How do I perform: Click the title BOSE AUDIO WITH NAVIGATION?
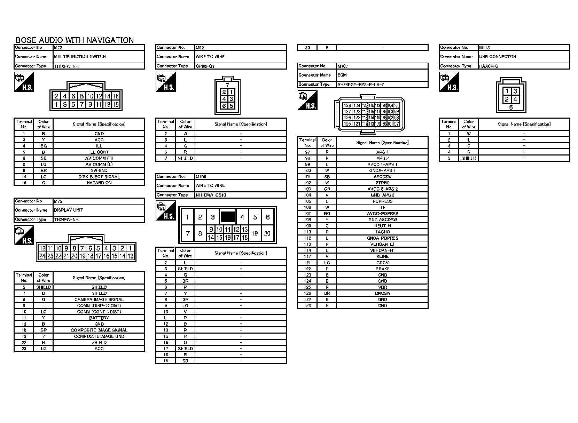coord(75,40)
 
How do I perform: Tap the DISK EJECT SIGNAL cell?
coord(99,177)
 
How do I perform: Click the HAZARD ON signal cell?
coord(99,183)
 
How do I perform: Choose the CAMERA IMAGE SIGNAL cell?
coord(99,300)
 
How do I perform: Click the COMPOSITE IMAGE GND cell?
coord(99,336)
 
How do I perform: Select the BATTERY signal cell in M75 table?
coord(99,318)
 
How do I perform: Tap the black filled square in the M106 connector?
coord(228,217)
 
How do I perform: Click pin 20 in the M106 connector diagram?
coord(267,233)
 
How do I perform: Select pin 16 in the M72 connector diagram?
coord(116,96)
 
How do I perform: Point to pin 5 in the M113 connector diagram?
coord(511,108)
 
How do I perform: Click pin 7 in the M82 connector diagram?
coord(227,85)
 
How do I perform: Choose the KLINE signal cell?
coord(382,256)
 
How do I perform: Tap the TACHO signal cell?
coord(382,232)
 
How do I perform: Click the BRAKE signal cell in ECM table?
coord(382,269)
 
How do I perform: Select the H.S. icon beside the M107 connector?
coord(308,100)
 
